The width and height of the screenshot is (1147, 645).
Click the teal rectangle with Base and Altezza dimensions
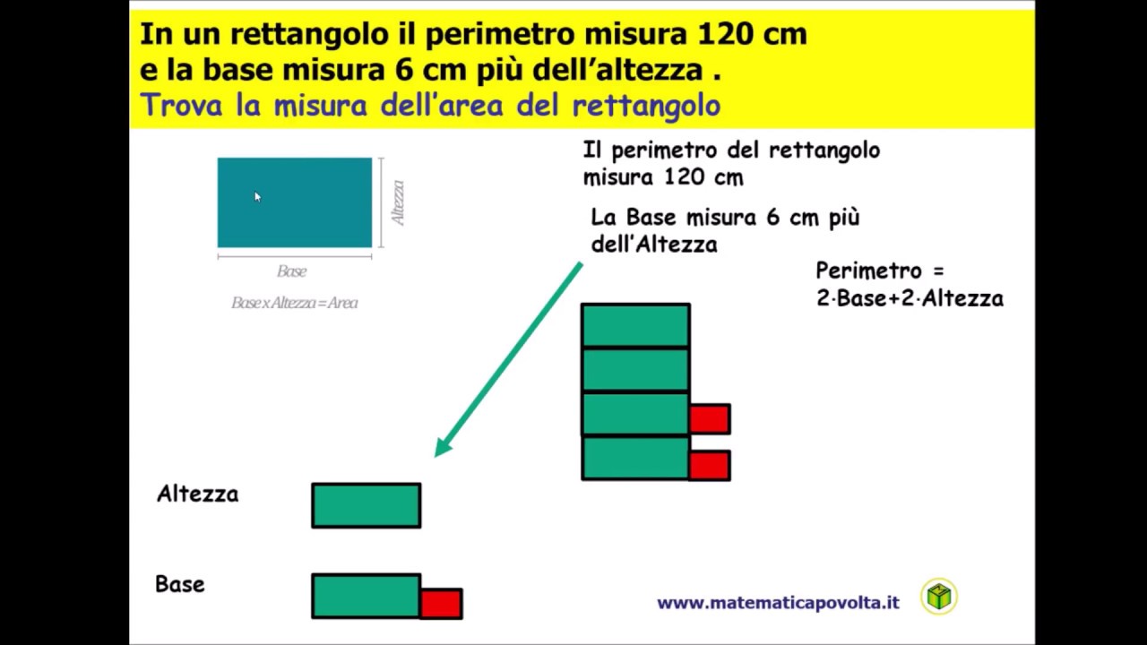point(295,202)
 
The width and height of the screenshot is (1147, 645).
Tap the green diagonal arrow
point(509,358)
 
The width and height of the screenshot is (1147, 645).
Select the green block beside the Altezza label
point(366,505)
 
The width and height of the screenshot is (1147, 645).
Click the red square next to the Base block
point(441,603)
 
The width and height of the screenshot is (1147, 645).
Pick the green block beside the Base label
point(366,596)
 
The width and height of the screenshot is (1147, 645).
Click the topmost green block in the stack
point(635,325)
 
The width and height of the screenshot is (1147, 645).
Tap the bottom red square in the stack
point(710,465)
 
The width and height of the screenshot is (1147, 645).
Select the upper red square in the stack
point(710,418)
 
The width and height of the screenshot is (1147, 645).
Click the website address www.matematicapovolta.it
point(778,603)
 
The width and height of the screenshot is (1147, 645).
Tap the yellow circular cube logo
point(938,597)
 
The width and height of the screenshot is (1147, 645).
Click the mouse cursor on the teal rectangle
point(257,197)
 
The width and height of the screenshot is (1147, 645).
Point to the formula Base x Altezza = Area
point(295,303)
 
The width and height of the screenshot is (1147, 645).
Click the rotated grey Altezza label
point(398,202)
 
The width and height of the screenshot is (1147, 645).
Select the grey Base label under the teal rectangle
point(292,271)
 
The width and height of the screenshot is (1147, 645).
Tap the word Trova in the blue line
point(179,105)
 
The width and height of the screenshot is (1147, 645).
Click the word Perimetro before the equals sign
point(868,271)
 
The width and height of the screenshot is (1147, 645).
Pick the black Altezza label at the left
point(197,494)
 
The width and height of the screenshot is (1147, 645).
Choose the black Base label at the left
point(180,584)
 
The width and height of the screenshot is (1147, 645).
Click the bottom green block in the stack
point(635,458)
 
